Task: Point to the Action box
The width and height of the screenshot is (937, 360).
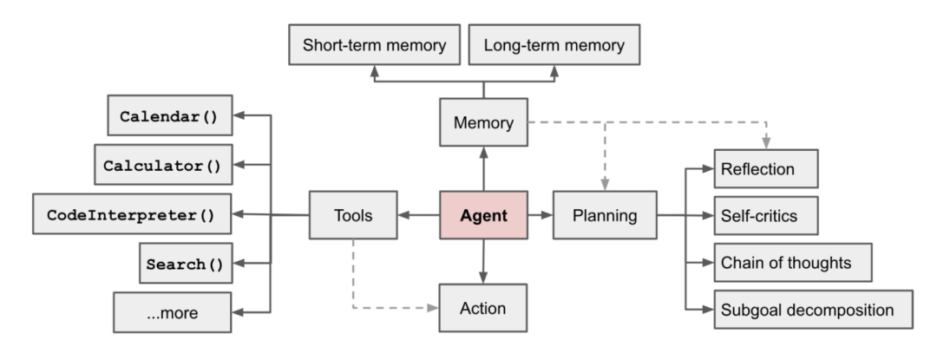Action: pos(483,307)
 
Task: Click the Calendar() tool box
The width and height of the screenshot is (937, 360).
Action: pos(168,116)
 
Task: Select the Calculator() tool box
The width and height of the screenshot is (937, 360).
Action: pos(163,164)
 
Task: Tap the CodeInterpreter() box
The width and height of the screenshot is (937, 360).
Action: pos(132,214)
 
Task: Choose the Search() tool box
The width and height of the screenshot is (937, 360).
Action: pos(183,263)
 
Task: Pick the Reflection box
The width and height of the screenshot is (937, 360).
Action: pos(765,167)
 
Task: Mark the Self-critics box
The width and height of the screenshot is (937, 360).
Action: pos(765,214)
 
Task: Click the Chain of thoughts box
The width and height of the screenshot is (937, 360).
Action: pos(792,261)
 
